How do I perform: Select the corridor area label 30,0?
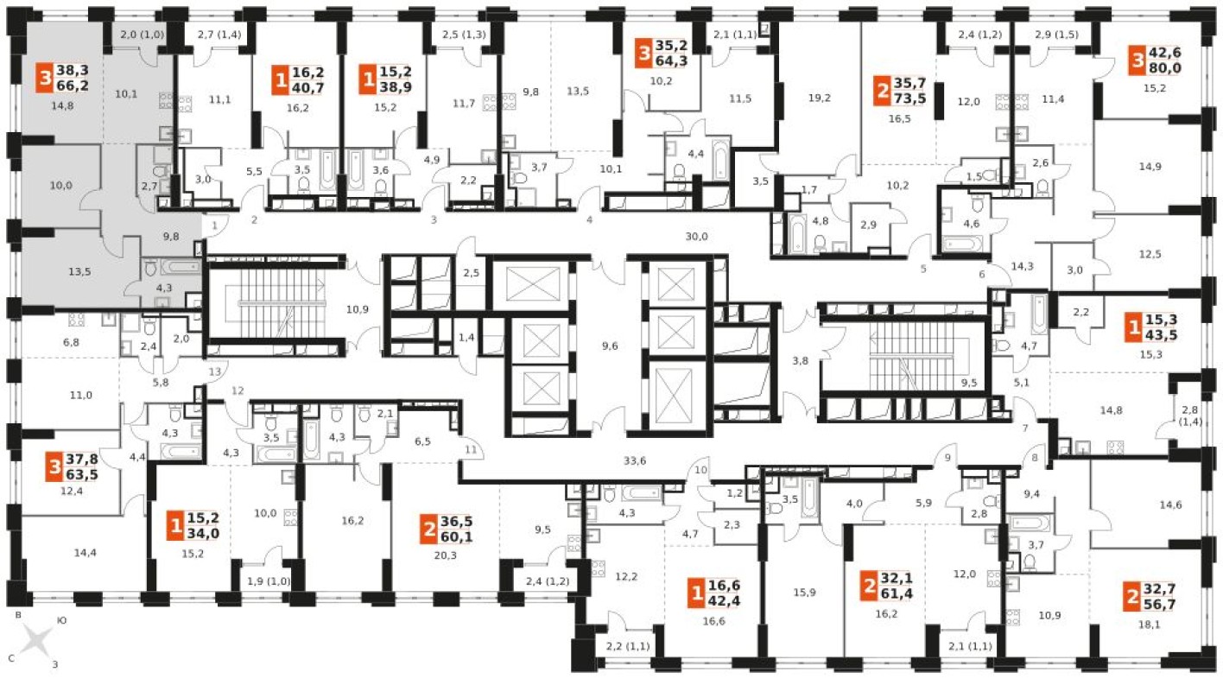point(696,236)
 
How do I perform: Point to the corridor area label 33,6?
point(635,461)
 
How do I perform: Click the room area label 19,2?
point(819,98)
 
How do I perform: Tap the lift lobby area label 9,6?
point(609,346)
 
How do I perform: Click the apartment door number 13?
point(215,371)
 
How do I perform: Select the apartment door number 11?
point(470,450)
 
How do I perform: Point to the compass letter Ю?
point(61,620)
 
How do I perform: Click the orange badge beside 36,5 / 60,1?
point(428,529)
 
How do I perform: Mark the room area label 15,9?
point(804,592)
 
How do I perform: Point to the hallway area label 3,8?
point(800,362)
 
